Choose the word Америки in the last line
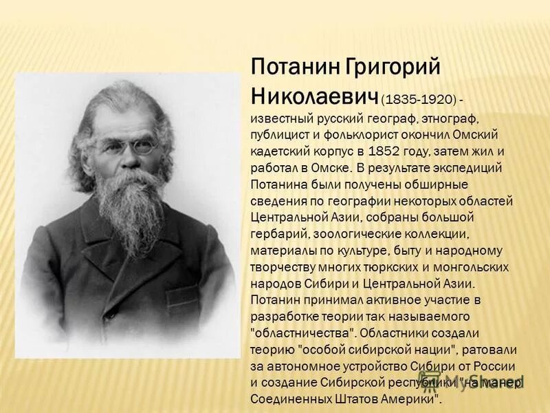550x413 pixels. pyautogui.click(x=406, y=398)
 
